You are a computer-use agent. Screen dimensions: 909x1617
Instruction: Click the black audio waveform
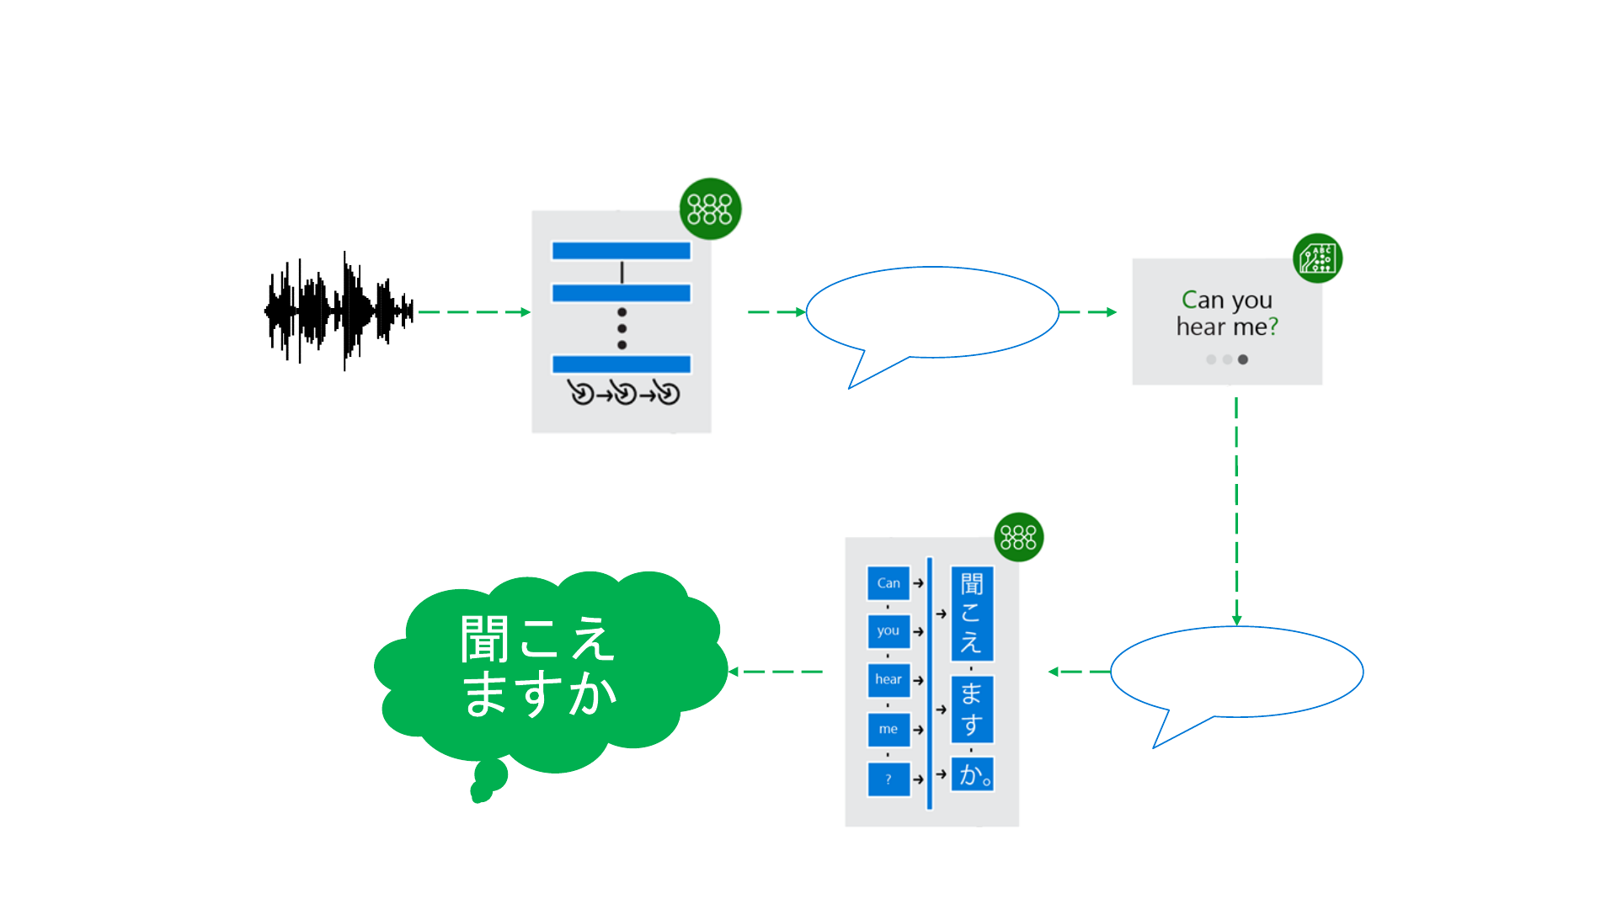(339, 311)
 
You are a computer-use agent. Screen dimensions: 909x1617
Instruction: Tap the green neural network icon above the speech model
(710, 209)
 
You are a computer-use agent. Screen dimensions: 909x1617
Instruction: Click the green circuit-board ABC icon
(1317, 258)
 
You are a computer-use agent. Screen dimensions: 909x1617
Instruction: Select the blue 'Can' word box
(889, 583)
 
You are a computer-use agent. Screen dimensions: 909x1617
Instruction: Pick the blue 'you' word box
(889, 631)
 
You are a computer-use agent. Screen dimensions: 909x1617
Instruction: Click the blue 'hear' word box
(889, 680)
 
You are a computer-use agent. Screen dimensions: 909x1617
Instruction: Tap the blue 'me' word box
(889, 730)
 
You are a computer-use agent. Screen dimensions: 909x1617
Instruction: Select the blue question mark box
(889, 779)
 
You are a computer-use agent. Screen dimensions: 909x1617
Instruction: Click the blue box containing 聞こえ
(972, 614)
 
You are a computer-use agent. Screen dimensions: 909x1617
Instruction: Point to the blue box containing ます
(972, 709)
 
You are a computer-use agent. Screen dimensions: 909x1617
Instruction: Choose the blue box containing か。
(973, 774)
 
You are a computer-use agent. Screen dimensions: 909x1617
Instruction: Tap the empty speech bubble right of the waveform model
(932, 313)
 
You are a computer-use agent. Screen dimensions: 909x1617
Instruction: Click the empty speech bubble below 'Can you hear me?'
(1236, 672)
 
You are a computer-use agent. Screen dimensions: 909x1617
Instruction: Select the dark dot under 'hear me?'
(1243, 359)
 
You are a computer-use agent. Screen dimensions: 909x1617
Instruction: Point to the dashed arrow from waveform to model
(473, 312)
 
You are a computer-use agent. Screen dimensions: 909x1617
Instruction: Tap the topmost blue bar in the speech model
(622, 251)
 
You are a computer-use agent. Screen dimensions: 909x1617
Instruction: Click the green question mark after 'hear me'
(1273, 327)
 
